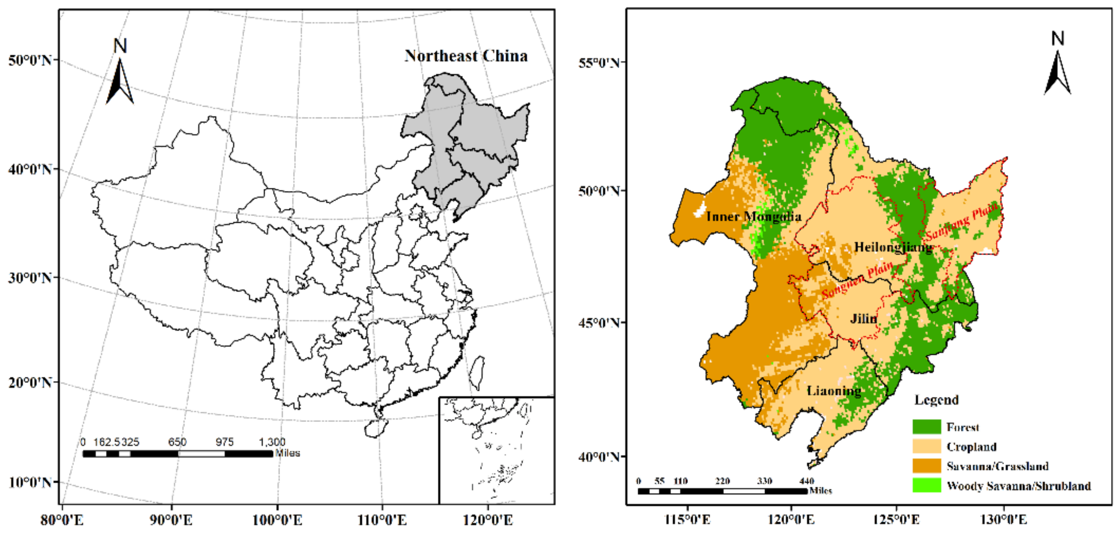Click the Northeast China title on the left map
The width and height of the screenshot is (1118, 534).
466,56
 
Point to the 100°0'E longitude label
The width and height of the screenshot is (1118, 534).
277,519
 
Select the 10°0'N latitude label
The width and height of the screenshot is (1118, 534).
29,482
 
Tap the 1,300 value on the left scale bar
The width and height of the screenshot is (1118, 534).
272,442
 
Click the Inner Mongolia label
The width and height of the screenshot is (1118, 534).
753,216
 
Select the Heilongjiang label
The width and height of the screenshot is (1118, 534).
893,247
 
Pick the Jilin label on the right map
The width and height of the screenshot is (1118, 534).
863,319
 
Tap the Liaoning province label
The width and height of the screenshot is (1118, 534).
834,391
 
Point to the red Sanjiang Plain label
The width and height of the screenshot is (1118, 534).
962,221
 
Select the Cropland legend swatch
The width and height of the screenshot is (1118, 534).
926,446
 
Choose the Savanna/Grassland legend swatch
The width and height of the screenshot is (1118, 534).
926,466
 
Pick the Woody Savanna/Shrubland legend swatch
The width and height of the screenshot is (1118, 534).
926,486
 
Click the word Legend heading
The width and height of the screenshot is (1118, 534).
936,400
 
